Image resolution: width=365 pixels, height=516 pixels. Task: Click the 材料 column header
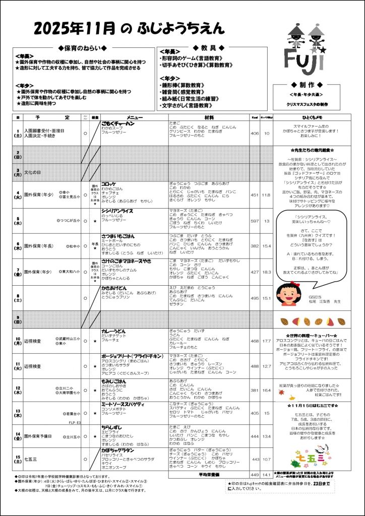pos(209,117)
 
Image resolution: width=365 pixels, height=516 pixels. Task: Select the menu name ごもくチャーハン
pos(118,123)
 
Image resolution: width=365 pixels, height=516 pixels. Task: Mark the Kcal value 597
pos(255,220)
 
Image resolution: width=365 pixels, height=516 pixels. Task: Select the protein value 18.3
pos(267,272)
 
